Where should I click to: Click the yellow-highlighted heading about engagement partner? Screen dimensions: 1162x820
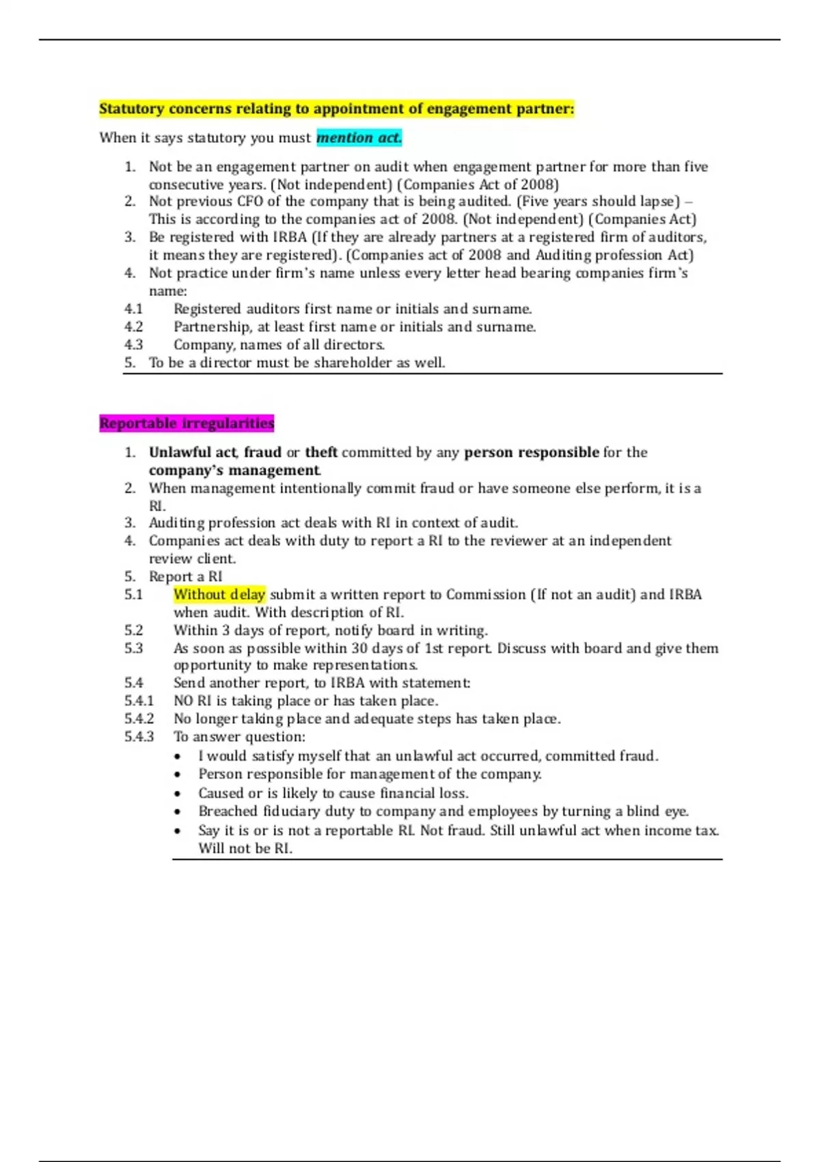[x=336, y=109]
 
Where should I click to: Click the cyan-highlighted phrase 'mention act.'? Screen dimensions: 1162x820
[x=359, y=138]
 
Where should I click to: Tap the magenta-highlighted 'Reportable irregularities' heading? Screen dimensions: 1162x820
[x=187, y=423]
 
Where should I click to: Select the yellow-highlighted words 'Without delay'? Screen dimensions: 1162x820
[x=219, y=595]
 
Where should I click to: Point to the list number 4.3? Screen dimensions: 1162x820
[x=133, y=345]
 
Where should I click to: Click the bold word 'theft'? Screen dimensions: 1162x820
[x=321, y=452]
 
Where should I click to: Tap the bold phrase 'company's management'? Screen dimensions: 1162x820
[x=234, y=470]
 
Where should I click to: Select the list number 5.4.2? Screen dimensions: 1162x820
[x=139, y=719]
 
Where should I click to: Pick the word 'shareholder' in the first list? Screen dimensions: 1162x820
[x=353, y=363]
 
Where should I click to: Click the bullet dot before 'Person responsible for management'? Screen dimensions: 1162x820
[x=178, y=775]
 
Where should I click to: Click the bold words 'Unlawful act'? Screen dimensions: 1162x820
[x=193, y=452]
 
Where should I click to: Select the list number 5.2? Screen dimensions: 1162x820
[x=133, y=630]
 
